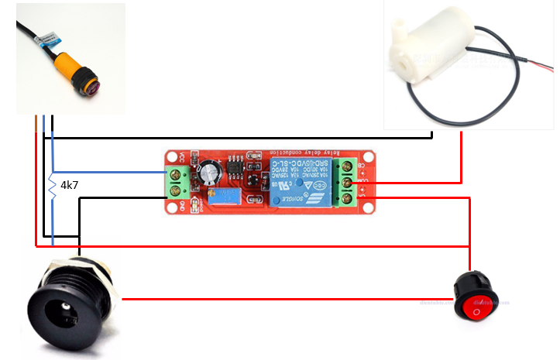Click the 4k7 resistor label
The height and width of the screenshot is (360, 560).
[70, 187]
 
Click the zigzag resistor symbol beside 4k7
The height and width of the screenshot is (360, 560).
[53, 187]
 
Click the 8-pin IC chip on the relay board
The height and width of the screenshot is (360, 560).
[234, 165]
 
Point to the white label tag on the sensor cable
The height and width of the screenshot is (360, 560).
[46, 36]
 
